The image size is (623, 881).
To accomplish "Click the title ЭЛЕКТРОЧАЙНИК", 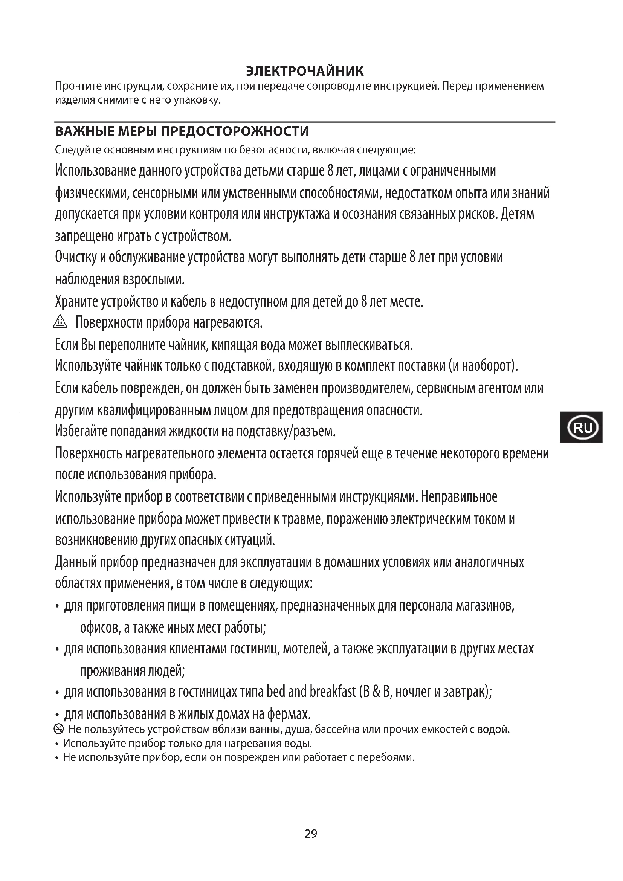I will click(x=304, y=71).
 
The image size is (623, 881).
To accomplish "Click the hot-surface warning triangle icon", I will click(x=60, y=322).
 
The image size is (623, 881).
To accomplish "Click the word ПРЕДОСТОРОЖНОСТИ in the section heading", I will click(x=235, y=131).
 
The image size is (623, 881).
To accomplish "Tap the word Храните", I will click(x=76, y=302).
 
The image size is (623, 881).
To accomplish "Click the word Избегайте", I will click(x=81, y=431).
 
